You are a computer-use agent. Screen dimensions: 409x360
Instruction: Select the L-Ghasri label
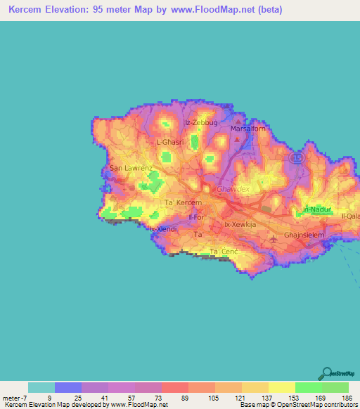pos(170,142)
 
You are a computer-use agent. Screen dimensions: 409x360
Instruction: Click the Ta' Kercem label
pos(183,202)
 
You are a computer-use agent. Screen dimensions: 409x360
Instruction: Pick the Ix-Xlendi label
pos(162,229)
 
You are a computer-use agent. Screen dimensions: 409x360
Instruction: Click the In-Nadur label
pos(316,209)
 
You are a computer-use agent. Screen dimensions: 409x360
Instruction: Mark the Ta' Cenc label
pos(225,252)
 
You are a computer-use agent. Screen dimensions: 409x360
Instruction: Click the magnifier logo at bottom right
pos(327,373)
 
